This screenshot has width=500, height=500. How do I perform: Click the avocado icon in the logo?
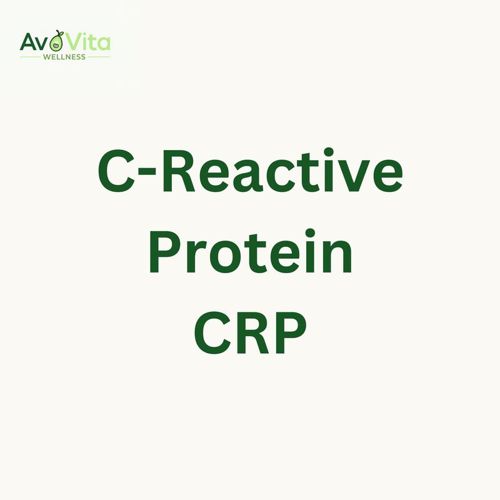pyautogui.click(x=56, y=42)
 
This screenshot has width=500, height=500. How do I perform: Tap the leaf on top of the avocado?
pyautogui.click(x=61, y=32)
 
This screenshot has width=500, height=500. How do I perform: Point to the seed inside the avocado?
pyautogui.click(x=56, y=45)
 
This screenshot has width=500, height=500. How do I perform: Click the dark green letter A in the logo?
pyautogui.click(x=29, y=42)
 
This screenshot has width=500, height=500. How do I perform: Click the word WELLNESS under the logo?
pyautogui.click(x=64, y=56)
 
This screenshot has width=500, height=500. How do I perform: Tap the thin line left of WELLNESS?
pyautogui.click(x=30, y=57)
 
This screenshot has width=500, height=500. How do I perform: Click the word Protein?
pyautogui.click(x=250, y=254)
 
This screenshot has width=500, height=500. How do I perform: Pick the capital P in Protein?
pyautogui.click(x=166, y=254)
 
